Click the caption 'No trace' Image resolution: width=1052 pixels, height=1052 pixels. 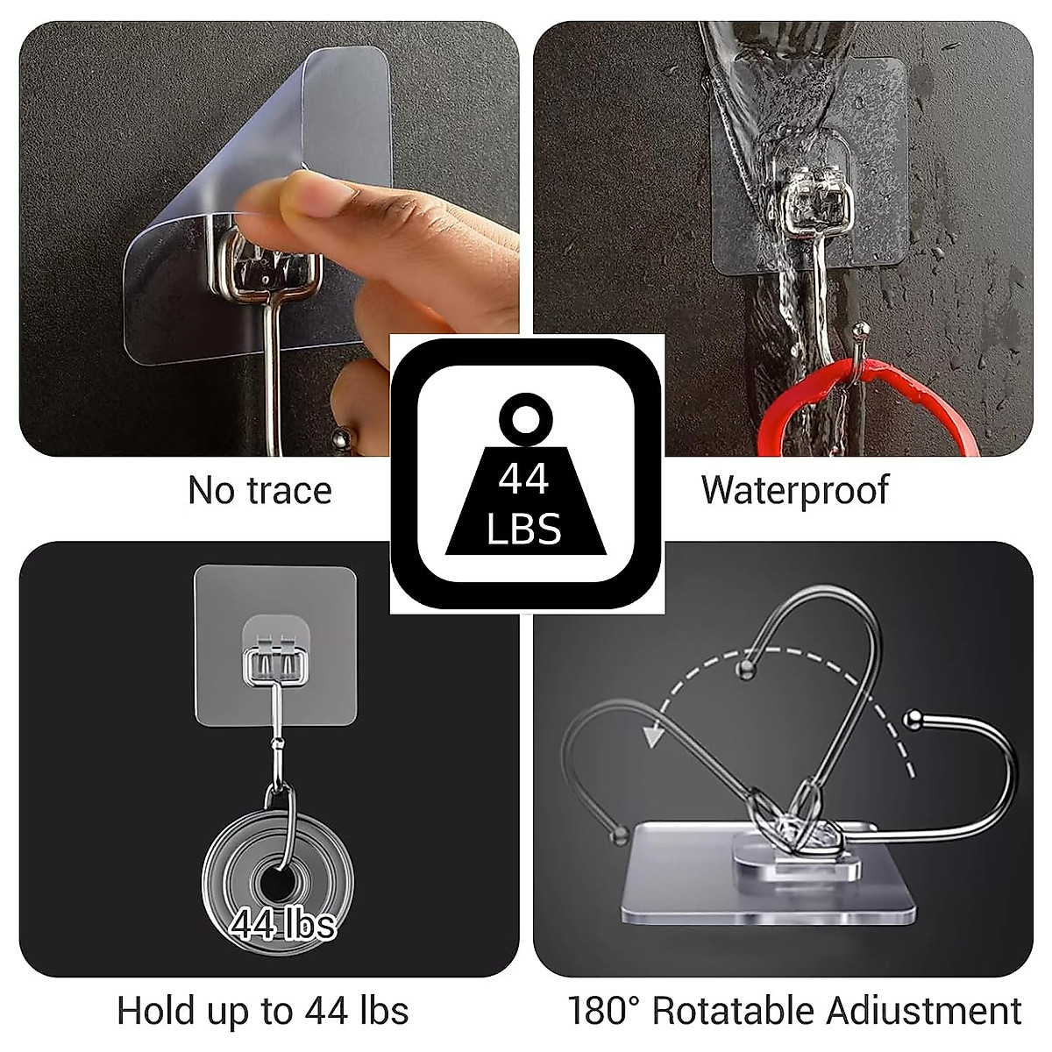259,490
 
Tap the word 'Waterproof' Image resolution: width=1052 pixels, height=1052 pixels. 794,490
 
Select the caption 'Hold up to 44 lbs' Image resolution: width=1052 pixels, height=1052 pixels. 263,1011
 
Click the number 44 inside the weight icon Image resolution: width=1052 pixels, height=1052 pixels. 523,480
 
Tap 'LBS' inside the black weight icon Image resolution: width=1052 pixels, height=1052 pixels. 523,530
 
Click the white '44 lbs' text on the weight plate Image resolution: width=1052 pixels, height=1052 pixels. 283,923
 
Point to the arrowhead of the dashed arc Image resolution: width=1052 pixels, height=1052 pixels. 650,736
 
